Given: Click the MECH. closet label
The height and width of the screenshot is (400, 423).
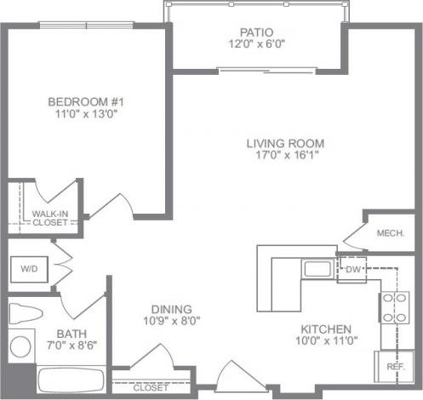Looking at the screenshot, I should (389, 232).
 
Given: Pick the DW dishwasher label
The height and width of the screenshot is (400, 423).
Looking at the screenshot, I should (353, 270).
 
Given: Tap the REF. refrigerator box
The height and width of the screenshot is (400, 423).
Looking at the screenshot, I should (395, 367).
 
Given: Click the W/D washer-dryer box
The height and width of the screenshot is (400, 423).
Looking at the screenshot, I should (28, 268).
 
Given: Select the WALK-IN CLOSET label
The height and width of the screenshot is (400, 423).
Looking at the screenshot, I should (49, 217).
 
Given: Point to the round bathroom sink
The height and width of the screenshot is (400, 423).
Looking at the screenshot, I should (20, 347).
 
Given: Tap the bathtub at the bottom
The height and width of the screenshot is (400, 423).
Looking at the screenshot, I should (70, 380).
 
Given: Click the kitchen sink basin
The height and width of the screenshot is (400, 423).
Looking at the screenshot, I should (317, 271).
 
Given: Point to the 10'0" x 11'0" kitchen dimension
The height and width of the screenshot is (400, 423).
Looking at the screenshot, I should (326, 341).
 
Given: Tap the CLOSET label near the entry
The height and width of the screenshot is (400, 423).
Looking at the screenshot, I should (151, 387).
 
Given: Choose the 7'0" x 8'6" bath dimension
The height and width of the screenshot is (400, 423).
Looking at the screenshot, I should (68, 346).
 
